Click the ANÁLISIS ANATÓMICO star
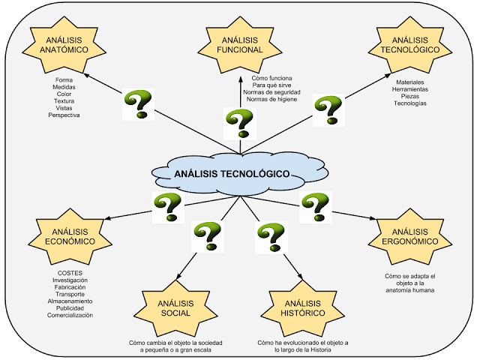(x=64, y=45)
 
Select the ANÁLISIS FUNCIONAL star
(x=240, y=45)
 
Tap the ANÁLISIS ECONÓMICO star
(x=70, y=237)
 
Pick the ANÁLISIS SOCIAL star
(x=175, y=308)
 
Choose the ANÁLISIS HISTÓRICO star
(x=303, y=308)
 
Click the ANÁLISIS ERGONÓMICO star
(x=410, y=237)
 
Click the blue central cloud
(x=240, y=173)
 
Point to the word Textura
(x=64, y=101)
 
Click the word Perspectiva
(x=64, y=115)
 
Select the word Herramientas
(x=410, y=89)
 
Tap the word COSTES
(x=70, y=273)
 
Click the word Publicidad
(x=70, y=308)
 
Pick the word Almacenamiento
(x=70, y=301)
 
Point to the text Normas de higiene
(x=271, y=99)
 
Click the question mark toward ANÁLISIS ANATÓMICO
(x=138, y=104)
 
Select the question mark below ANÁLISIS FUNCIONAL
(x=240, y=124)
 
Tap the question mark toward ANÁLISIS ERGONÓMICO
(x=316, y=207)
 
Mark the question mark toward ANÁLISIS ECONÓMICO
(x=168, y=207)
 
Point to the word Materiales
(x=410, y=82)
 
